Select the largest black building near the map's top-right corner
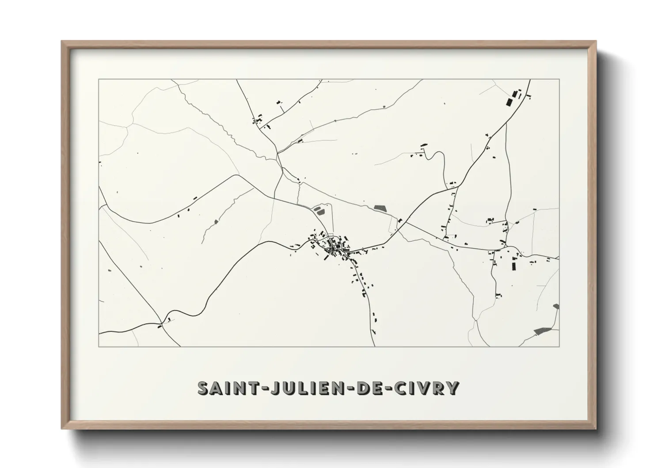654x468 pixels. point(509,102)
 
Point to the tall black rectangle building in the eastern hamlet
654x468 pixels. point(514,265)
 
